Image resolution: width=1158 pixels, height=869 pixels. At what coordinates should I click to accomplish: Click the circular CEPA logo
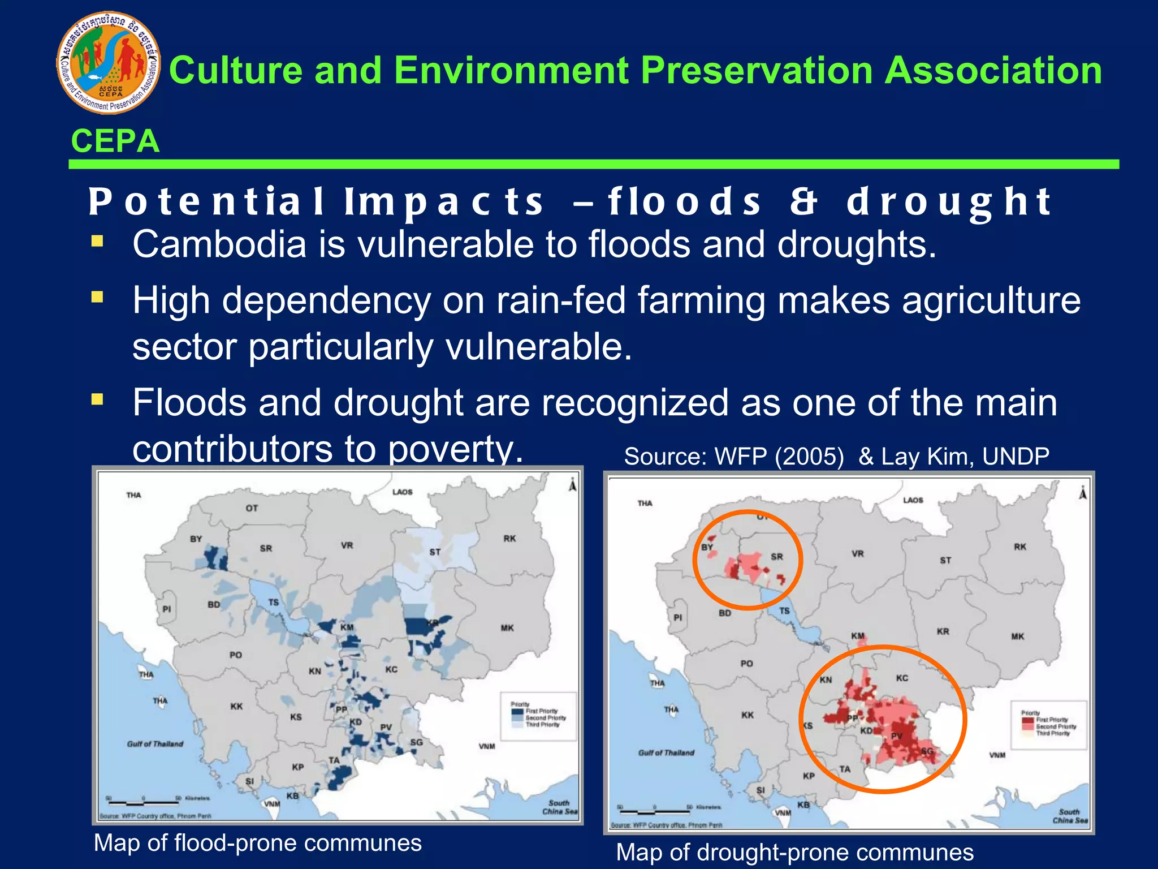coord(108,63)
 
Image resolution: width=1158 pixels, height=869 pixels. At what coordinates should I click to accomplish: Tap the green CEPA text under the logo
coord(115,141)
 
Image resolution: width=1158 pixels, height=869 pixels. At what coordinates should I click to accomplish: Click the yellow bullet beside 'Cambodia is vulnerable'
coord(97,242)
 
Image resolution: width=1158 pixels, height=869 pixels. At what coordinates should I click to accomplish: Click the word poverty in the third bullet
coord(455,449)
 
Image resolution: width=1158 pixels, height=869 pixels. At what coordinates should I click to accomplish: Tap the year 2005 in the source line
coord(809,456)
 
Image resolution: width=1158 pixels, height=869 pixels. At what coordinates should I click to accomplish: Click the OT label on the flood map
coord(252,508)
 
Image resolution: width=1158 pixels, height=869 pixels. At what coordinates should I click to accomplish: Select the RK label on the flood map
coord(509,539)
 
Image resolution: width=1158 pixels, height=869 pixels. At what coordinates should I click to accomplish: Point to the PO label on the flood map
coord(236,655)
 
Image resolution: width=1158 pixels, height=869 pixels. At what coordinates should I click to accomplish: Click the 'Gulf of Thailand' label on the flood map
coord(155,744)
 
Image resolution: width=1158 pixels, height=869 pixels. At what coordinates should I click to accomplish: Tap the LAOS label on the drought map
coord(913,500)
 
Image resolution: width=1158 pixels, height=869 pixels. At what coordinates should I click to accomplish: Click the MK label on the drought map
coord(1017,636)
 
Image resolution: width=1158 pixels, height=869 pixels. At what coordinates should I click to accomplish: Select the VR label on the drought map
coord(858,554)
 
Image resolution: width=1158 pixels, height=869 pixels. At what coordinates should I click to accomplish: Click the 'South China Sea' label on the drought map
coord(1070,816)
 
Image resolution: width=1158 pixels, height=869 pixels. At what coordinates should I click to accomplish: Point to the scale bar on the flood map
coord(144,802)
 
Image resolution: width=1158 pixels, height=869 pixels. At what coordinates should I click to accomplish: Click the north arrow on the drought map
coord(1083,493)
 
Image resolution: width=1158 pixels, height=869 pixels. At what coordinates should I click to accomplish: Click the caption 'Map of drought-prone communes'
coord(794,852)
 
